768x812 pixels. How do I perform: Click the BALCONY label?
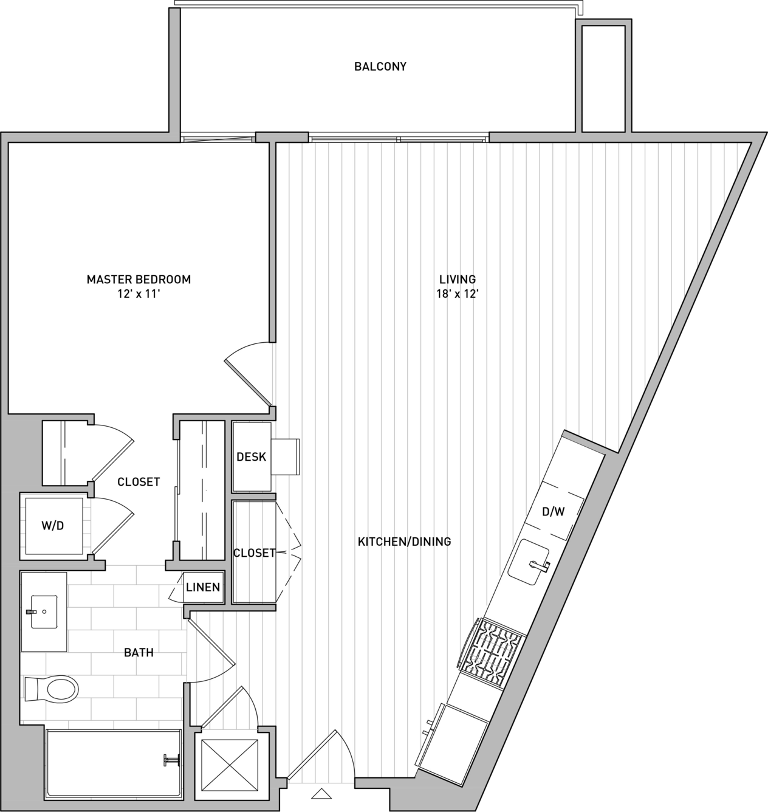pyautogui.click(x=380, y=66)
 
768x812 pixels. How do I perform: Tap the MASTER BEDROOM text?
pyautogui.click(x=139, y=280)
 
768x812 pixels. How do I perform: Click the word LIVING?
pyautogui.click(x=458, y=280)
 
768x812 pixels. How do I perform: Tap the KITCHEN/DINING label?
pyautogui.click(x=404, y=542)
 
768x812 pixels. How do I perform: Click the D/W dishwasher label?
pyautogui.click(x=554, y=512)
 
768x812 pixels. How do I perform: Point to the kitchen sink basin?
pyautogui.click(x=528, y=562)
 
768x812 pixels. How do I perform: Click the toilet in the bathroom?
pyautogui.click(x=52, y=689)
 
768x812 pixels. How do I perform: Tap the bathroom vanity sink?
pyautogui.click(x=44, y=611)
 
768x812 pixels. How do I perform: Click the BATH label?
pyautogui.click(x=139, y=653)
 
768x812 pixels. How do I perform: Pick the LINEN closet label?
pyautogui.click(x=203, y=587)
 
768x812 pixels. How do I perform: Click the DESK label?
pyautogui.click(x=252, y=457)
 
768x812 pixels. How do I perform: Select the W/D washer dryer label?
pyautogui.click(x=53, y=526)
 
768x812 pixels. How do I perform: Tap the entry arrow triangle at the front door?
pyautogui.click(x=321, y=794)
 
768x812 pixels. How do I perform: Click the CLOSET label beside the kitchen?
pyautogui.click(x=255, y=552)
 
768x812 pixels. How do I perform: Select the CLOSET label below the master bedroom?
pyautogui.click(x=139, y=482)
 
